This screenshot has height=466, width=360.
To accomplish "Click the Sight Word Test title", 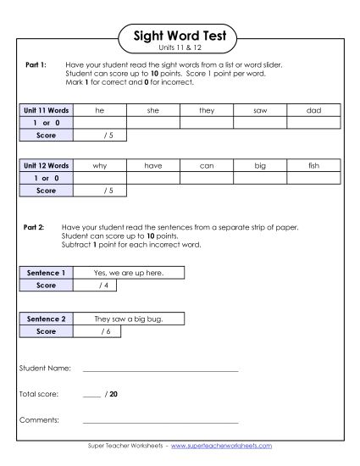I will [x=180, y=36].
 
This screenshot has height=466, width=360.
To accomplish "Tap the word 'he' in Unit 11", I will [x=100, y=111].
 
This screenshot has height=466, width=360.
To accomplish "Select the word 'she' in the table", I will [x=152, y=111].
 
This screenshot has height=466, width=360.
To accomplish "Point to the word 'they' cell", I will [x=207, y=111].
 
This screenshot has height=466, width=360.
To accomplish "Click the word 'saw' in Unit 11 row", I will [x=260, y=111].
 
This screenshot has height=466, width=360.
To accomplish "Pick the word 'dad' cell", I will [x=313, y=111].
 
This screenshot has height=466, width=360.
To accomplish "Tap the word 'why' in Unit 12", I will [x=100, y=167].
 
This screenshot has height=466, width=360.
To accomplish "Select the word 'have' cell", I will [x=152, y=167].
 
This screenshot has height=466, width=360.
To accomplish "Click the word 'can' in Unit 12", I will [x=207, y=167].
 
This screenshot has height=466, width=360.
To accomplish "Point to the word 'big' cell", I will [x=260, y=167].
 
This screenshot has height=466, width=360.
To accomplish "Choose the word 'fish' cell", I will [x=313, y=167].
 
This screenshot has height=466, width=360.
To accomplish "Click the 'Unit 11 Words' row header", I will [x=46, y=111].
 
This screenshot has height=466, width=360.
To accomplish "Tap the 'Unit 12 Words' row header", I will [x=46, y=167].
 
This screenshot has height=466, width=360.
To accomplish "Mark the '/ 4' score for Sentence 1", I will [x=103, y=286].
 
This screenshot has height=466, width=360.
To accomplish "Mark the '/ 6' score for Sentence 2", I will [x=105, y=332].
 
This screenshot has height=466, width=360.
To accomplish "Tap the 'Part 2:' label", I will [x=33, y=229].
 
